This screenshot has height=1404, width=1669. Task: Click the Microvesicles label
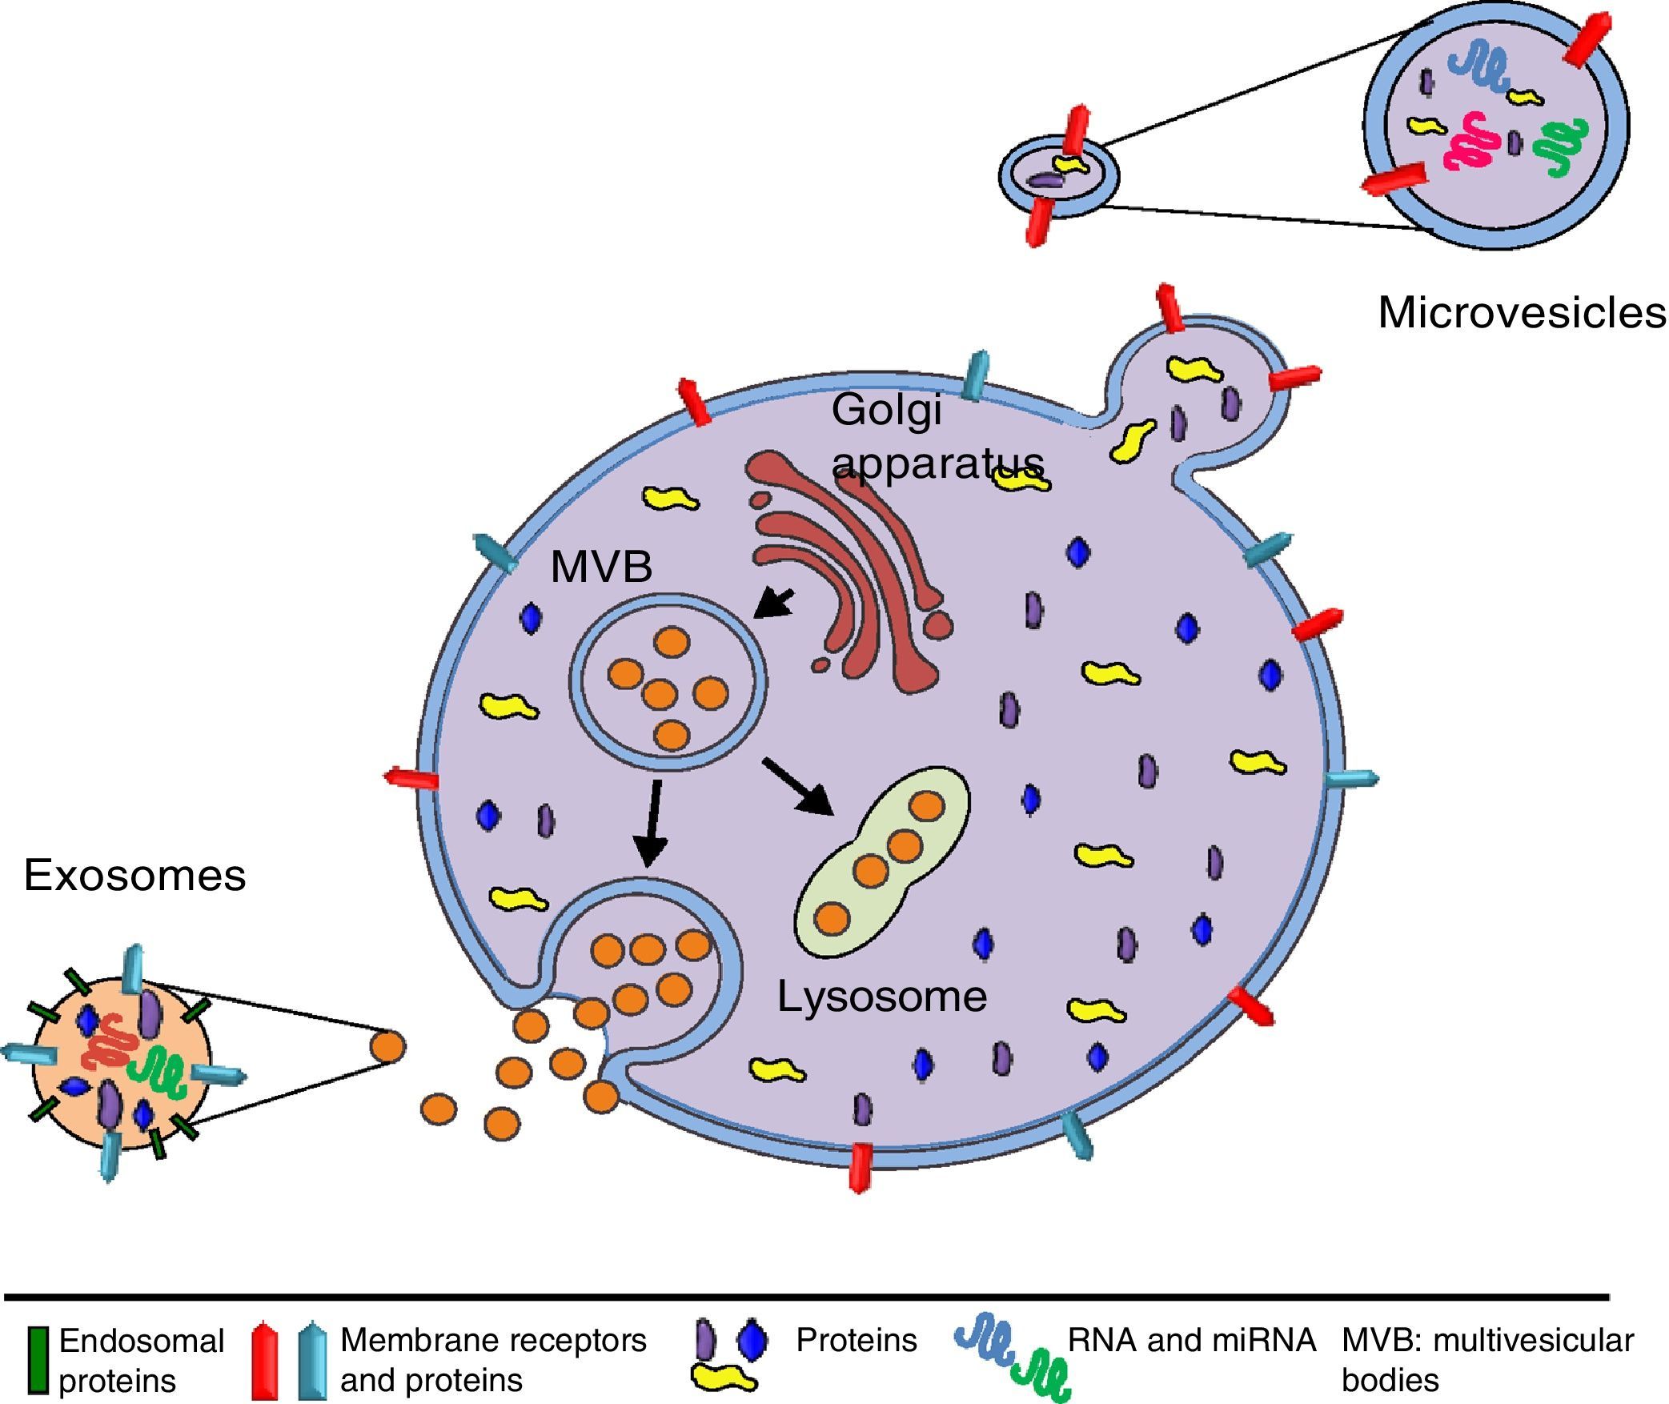click(x=1522, y=312)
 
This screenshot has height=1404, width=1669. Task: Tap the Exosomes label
click(x=134, y=875)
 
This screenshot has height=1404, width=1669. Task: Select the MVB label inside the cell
click(x=601, y=567)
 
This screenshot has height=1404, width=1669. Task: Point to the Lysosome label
click(x=882, y=997)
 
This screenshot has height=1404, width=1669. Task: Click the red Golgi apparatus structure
click(x=849, y=568)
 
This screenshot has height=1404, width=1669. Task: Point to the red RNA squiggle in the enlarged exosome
click(x=108, y=1041)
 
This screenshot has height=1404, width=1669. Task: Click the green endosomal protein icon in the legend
click(x=38, y=1359)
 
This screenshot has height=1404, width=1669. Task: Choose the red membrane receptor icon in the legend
click(x=264, y=1360)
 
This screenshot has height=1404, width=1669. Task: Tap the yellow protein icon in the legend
click(x=724, y=1378)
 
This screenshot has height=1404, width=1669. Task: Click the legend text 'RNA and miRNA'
click(x=1192, y=1340)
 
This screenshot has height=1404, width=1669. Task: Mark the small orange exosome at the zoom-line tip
click(x=387, y=1046)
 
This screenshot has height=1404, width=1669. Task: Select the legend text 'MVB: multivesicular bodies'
click(x=1487, y=1359)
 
